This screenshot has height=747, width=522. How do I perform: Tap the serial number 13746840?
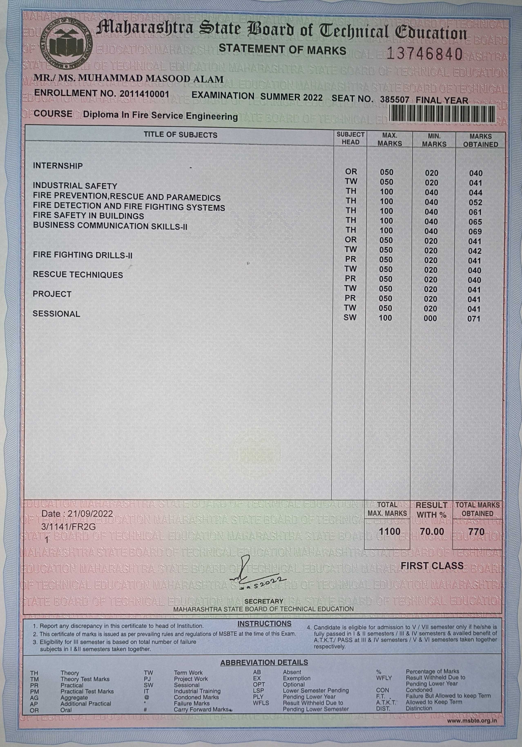point(424,54)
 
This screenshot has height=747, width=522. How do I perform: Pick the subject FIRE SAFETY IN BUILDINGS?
point(88,216)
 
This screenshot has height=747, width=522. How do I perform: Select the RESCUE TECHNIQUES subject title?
point(78,275)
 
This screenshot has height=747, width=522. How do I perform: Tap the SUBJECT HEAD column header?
point(350,138)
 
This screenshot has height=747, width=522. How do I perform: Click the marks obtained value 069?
point(475,232)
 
